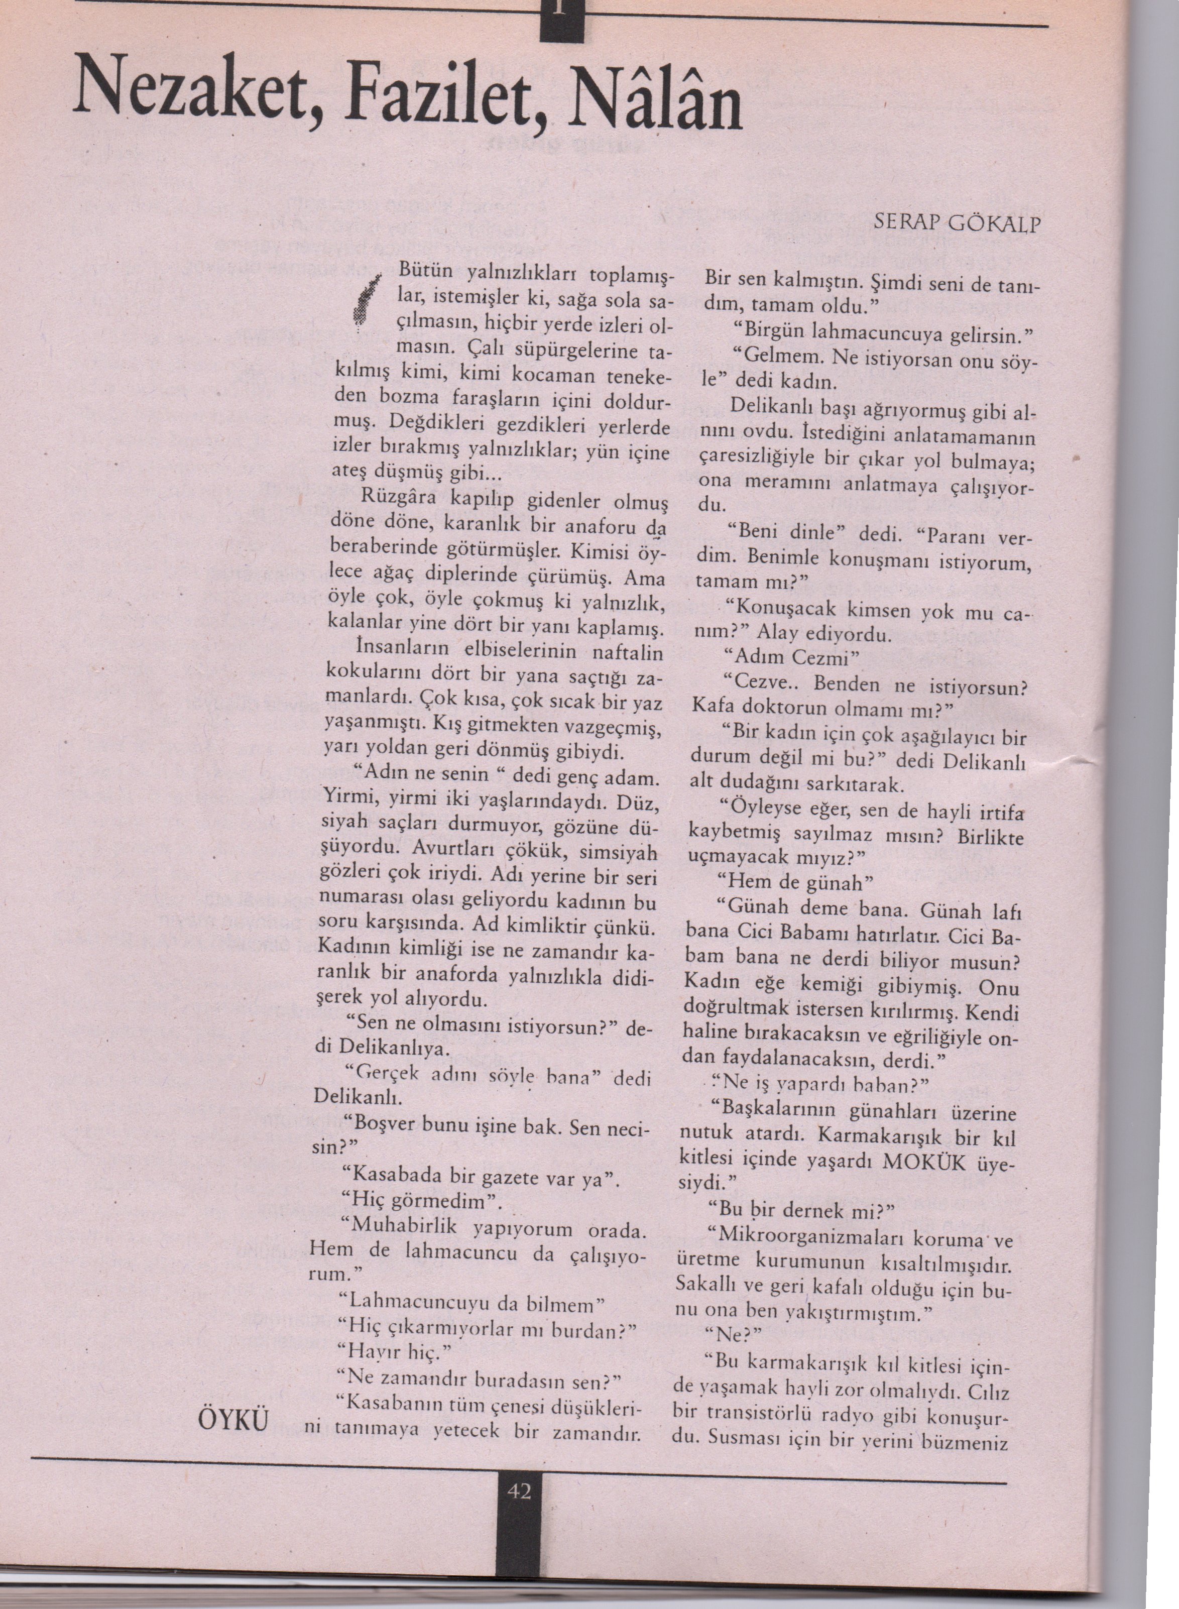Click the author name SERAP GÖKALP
pyautogui.click(x=957, y=224)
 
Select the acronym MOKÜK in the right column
pyautogui.click(x=924, y=1162)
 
